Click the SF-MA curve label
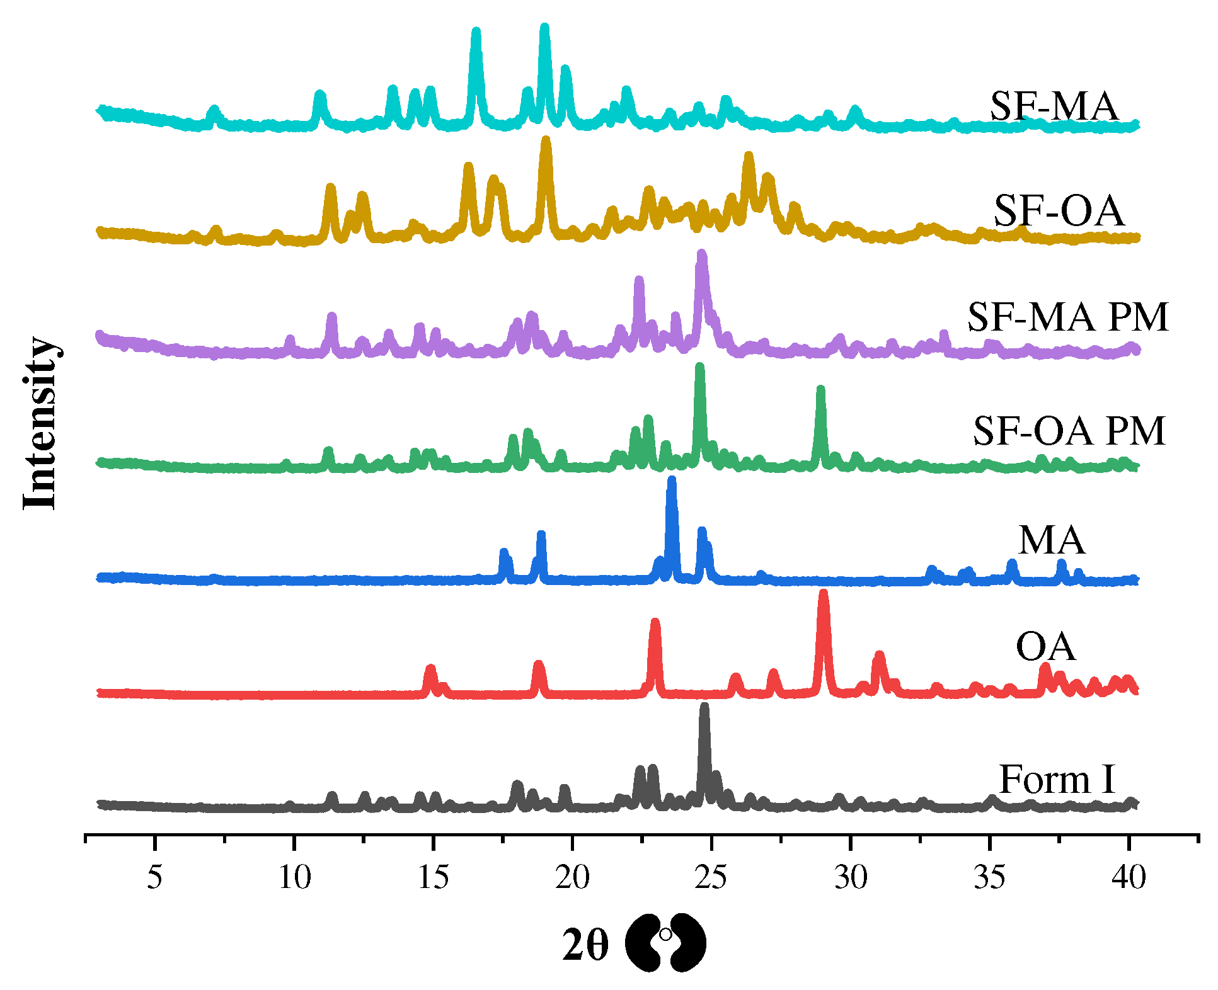(x=1054, y=106)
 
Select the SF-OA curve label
(x=1059, y=211)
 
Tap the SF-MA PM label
(x=1067, y=317)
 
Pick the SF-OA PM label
(x=1069, y=431)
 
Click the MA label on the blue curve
(x=1052, y=540)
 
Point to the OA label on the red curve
(x=1045, y=647)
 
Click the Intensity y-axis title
(x=39, y=423)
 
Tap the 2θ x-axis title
(x=586, y=945)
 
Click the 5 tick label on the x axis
(x=154, y=877)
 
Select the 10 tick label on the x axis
(x=294, y=877)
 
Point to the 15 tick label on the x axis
(x=434, y=877)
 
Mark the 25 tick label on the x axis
(x=711, y=877)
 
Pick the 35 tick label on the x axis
(x=989, y=877)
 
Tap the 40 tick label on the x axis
(x=1128, y=877)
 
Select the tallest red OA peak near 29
(x=823, y=595)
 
